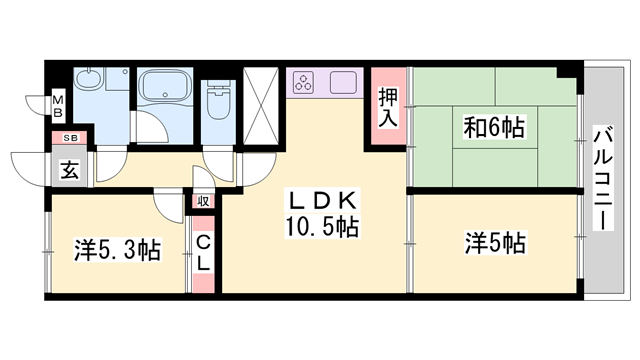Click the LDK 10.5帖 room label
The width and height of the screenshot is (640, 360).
(x=319, y=212)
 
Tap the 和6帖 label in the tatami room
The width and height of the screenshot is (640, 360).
(x=494, y=128)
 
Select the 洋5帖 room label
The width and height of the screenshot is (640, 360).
(x=495, y=242)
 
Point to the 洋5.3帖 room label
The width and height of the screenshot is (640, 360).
(x=116, y=249)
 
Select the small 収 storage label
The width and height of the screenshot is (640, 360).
(x=202, y=200)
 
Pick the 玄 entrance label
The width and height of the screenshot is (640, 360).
(x=71, y=167)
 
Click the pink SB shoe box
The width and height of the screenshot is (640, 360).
(x=71, y=138)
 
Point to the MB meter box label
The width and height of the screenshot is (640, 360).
(x=58, y=104)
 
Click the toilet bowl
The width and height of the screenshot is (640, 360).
(x=217, y=102)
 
